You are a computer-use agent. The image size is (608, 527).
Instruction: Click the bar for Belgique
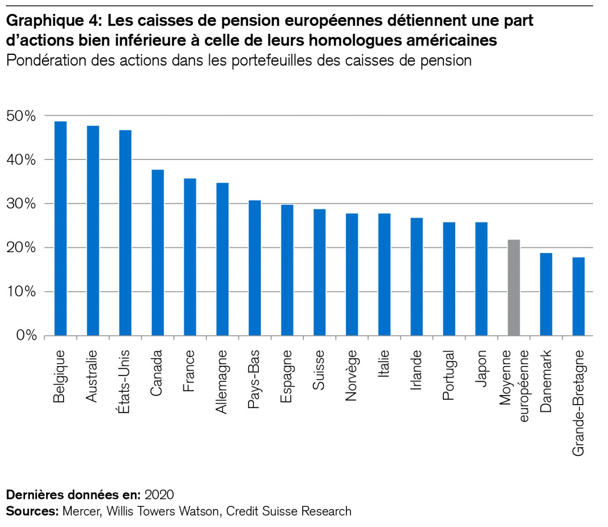[x=60, y=228]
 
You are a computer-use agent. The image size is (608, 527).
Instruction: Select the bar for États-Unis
[x=125, y=233]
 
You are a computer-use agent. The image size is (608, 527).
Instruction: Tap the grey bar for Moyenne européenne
[x=514, y=288]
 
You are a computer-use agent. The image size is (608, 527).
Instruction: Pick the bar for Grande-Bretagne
[x=579, y=296]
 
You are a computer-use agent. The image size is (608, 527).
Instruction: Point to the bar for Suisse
[x=320, y=272]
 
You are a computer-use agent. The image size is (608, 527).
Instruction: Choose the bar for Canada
[x=158, y=253]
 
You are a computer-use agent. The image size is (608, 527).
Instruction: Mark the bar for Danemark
[x=546, y=294]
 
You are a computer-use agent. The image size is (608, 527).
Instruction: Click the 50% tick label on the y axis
[x=21, y=116]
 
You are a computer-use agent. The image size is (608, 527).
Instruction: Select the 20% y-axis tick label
[x=21, y=248]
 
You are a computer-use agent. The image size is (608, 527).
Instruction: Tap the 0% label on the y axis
[x=26, y=336]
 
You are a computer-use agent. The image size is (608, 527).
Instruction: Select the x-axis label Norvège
[x=352, y=375]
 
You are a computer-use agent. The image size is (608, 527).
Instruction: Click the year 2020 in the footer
[x=159, y=495]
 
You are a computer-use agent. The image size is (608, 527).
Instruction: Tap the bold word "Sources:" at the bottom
[x=32, y=511]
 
